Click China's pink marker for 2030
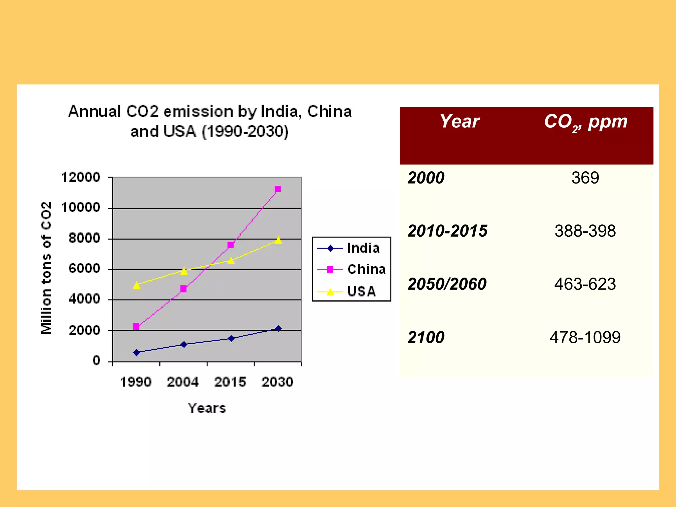(x=278, y=189)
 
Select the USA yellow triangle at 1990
(x=137, y=286)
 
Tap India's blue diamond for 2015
(x=231, y=338)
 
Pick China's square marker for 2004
(x=184, y=289)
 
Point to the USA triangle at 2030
(x=278, y=240)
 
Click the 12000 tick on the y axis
(x=81, y=177)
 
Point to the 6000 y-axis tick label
(x=84, y=269)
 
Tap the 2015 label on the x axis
(x=230, y=382)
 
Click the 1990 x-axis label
(x=136, y=382)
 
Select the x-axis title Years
(x=207, y=408)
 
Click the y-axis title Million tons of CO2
(x=46, y=268)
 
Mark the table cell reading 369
(x=585, y=178)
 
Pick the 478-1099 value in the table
(x=585, y=337)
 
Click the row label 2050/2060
(x=447, y=284)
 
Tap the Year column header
(x=459, y=121)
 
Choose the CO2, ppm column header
(x=586, y=122)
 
